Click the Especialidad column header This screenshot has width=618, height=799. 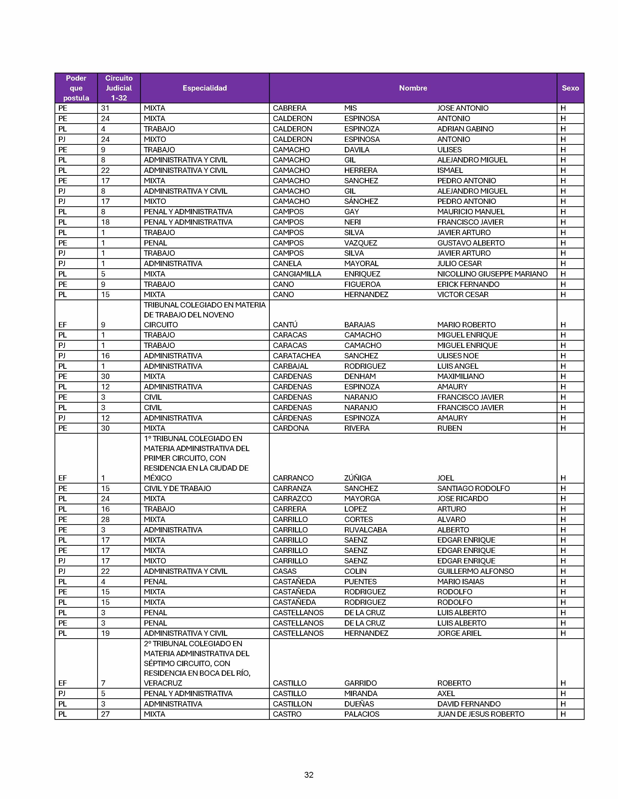pos(205,88)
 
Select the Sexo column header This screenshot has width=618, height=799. pos(570,88)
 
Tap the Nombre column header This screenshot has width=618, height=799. pos(413,88)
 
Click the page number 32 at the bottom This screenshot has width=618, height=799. pos(309,775)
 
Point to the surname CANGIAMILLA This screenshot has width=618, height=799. pos(297,274)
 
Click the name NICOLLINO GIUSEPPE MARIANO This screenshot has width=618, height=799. pos(492,274)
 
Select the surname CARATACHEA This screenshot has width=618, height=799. pos(297,356)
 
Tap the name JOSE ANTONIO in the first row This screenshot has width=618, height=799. pos(463,108)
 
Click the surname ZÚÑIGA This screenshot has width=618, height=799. pos(358,478)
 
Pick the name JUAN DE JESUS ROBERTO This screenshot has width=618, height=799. pos(481,714)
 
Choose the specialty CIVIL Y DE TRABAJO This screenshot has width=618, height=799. pos(177,488)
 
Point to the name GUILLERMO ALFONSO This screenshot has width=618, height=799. pos(475,571)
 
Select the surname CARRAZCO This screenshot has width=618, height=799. pos(293,498)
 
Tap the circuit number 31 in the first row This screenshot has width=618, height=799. pos(105,108)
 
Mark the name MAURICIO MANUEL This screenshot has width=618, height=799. pos(471,211)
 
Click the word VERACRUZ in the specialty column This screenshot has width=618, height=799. pos(163,683)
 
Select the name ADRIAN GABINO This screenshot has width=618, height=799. pos(465,129)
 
